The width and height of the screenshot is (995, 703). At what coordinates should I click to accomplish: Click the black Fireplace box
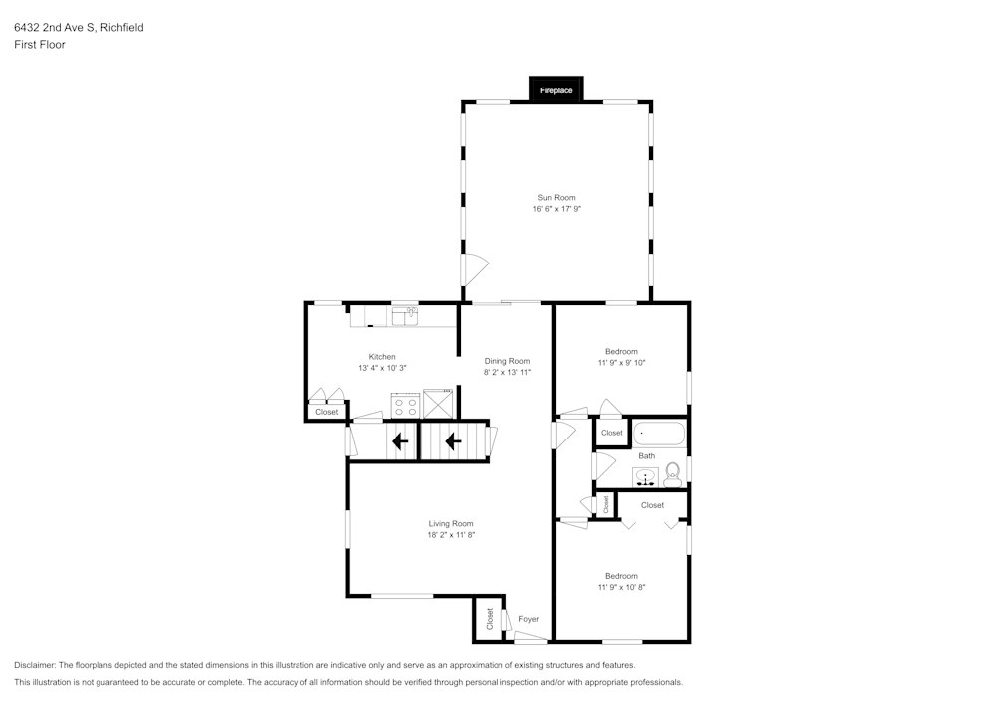556,90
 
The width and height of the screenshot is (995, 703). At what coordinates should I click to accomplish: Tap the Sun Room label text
556,198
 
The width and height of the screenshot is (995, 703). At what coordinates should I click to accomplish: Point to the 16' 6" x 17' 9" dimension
556,209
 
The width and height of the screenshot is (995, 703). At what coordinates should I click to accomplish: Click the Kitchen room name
382,357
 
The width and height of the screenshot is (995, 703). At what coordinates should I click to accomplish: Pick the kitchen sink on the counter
405,316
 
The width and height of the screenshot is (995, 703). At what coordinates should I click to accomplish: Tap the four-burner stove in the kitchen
405,405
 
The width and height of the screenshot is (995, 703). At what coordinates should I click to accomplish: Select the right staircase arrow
453,440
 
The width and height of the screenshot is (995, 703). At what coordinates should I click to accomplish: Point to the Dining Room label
507,361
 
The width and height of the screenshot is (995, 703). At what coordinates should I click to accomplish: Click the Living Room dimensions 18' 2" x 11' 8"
451,535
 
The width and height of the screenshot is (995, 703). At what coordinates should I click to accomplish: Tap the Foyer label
529,619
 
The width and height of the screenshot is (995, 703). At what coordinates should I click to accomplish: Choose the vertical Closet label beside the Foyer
490,619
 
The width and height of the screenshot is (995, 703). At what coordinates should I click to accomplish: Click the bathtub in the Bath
660,434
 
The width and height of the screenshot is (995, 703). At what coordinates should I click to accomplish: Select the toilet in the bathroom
673,472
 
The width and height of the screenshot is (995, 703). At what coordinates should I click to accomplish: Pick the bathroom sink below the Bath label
646,476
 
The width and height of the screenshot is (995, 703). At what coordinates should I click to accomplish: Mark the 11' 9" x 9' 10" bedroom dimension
621,363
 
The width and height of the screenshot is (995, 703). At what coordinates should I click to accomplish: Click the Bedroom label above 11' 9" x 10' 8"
621,576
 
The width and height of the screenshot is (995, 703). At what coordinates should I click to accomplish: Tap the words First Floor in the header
40,45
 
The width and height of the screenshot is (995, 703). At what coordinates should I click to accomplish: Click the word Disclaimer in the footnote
35,665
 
